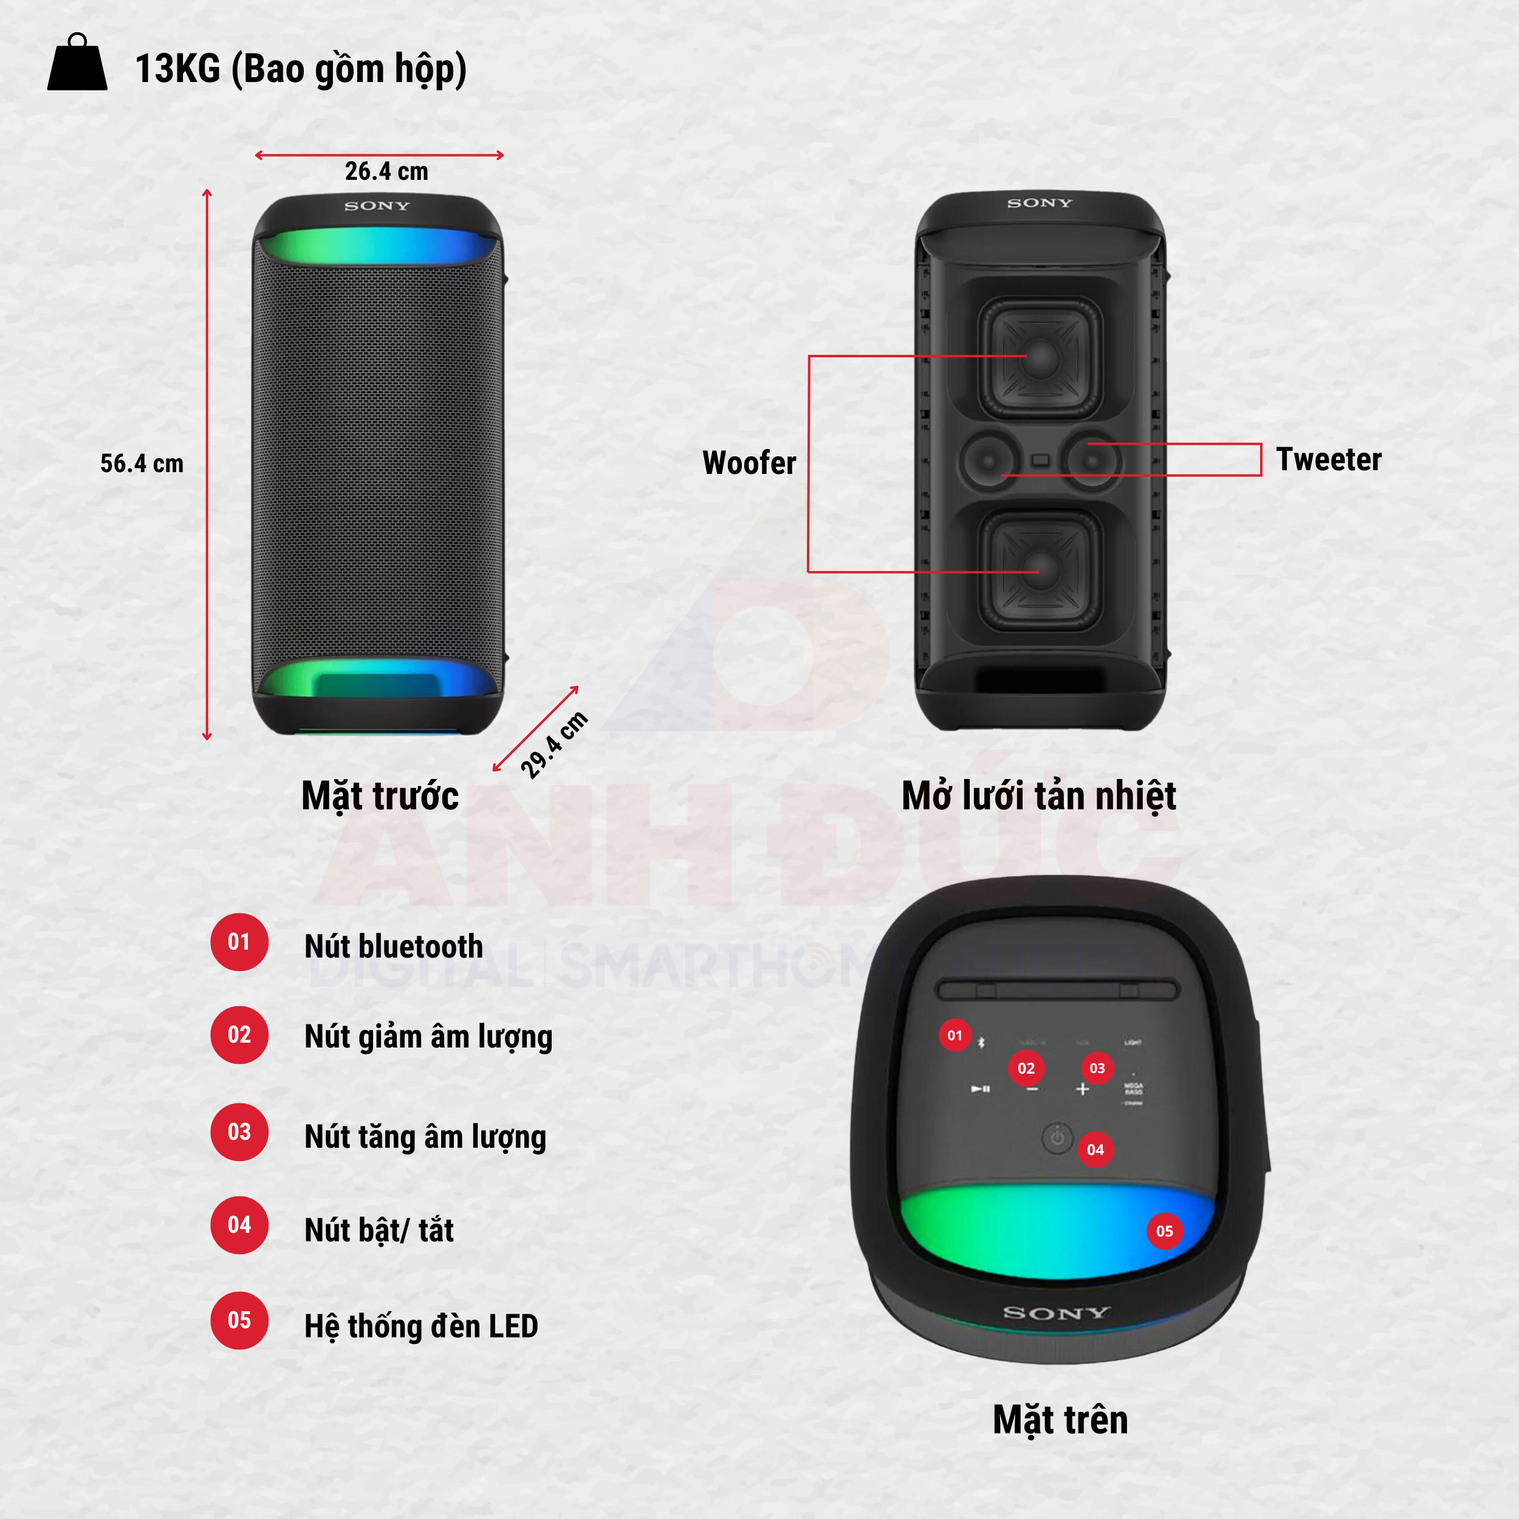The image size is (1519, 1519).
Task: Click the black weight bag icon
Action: [77, 64]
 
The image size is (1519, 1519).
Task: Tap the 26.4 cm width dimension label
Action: [386, 171]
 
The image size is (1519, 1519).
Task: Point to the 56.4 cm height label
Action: [142, 463]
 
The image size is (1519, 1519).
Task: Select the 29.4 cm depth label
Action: [554, 744]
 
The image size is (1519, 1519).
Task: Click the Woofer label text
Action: [749, 462]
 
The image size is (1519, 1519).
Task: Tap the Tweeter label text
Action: [1328, 459]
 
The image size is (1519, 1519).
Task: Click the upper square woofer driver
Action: [1040, 357]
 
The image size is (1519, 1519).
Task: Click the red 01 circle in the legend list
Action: [239, 942]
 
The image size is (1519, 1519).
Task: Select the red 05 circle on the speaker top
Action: [1164, 1230]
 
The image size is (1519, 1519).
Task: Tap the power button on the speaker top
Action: [1057, 1137]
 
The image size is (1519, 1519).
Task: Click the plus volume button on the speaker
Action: [1083, 1089]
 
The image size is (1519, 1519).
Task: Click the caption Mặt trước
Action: [380, 796]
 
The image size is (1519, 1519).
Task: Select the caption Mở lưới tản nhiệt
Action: [1038, 796]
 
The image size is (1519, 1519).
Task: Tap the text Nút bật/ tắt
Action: [379, 1230]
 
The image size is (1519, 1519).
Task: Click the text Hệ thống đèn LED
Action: [420, 1326]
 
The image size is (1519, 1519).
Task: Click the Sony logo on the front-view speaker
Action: [377, 206]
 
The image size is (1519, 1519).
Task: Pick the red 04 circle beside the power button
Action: [1096, 1150]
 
